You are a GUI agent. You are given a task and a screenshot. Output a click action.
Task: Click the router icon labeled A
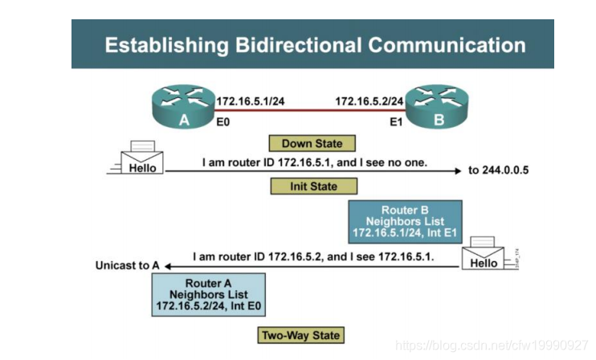tap(183, 108)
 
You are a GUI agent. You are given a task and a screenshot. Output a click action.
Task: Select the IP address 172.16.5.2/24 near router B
tap(369, 101)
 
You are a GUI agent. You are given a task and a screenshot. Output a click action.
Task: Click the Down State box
tap(312, 144)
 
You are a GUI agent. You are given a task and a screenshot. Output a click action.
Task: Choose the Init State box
tap(312, 186)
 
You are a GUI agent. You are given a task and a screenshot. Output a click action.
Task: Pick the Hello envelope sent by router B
tap(484, 253)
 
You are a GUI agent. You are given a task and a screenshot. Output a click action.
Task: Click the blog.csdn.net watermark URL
tap(492, 346)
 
